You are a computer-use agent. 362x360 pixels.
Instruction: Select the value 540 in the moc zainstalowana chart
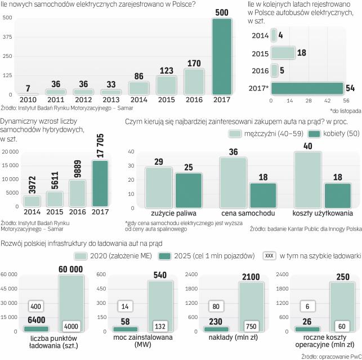[x=160, y=274]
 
